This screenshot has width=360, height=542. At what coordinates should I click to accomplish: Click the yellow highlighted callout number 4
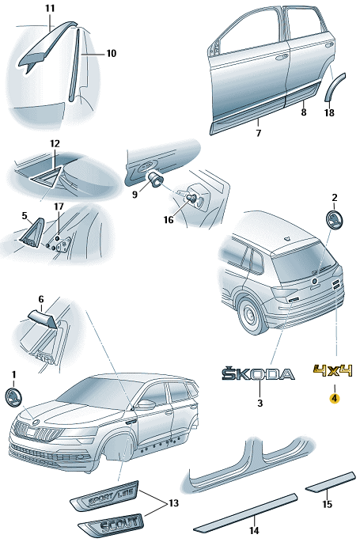(334, 399)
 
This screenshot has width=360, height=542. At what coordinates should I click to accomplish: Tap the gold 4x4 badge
(333, 370)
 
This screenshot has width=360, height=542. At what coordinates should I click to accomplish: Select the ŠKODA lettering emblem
(258, 373)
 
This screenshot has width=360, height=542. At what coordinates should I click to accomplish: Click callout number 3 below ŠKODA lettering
(260, 403)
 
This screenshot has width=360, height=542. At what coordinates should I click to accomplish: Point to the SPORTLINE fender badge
(105, 496)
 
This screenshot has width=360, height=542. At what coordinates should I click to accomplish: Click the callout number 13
(173, 503)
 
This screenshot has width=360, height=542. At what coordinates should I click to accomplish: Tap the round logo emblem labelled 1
(13, 397)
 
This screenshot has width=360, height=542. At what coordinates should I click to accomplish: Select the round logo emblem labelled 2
(334, 219)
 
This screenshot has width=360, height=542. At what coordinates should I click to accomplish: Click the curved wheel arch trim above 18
(335, 86)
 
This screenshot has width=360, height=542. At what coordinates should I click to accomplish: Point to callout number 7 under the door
(259, 133)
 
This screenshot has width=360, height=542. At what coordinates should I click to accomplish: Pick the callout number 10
(112, 54)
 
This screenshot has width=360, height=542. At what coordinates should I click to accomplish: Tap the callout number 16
(169, 219)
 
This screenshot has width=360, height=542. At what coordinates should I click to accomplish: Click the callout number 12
(55, 144)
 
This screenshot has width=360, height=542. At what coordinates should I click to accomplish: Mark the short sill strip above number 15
(331, 482)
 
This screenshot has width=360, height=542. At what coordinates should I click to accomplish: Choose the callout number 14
(254, 530)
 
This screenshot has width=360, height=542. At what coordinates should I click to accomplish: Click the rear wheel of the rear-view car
(251, 315)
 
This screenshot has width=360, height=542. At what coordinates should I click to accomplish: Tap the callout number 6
(41, 298)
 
